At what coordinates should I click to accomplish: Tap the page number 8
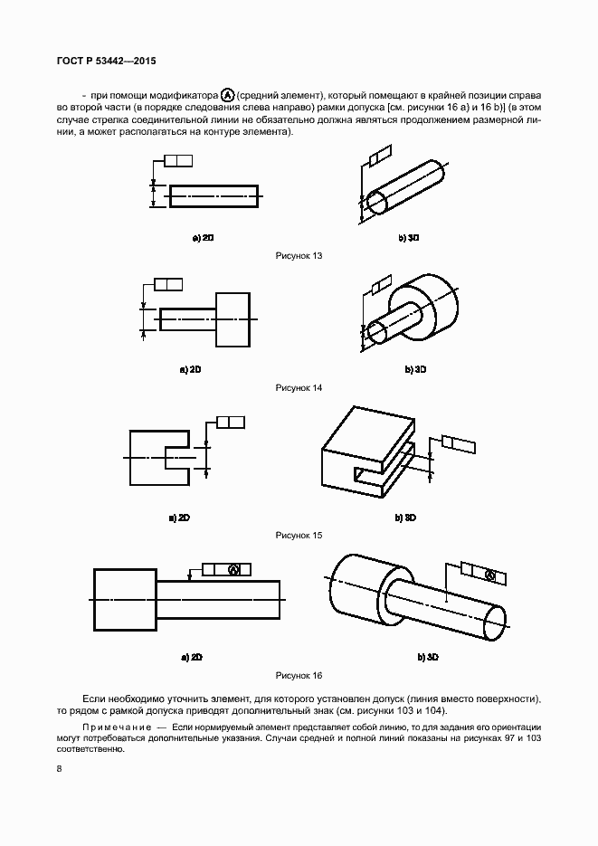[x=59, y=769]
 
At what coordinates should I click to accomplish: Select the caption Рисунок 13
[x=299, y=256]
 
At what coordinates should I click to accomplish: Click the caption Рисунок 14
[x=299, y=387]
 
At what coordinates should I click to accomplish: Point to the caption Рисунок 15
[x=299, y=536]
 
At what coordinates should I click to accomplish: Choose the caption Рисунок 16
[x=299, y=675]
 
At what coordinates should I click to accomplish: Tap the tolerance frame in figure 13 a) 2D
[x=179, y=161]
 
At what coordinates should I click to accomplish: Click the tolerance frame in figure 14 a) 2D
[x=168, y=284]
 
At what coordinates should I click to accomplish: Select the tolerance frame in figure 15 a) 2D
[x=232, y=422]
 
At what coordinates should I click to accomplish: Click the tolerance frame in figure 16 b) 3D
[x=479, y=574]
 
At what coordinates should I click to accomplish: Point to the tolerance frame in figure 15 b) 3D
[x=458, y=442]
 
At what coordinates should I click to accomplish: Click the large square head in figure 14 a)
[x=233, y=319]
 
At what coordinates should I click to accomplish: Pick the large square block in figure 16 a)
[x=125, y=601]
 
